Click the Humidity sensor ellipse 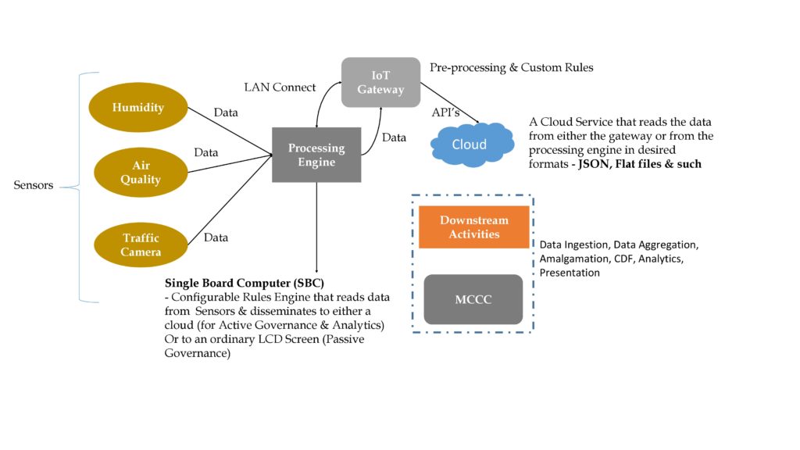pos(137,107)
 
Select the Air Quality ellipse pos(141,173)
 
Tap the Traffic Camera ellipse pos(141,245)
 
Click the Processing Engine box pos(316,155)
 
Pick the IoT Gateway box pos(380,82)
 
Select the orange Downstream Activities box pos(473,227)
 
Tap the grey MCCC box pos(473,299)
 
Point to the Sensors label pos(34,186)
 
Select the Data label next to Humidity pos(226,112)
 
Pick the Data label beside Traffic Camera pos(216,237)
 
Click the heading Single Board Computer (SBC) pos(245,282)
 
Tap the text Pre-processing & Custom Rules pos(512,68)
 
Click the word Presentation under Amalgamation pos(569,273)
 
